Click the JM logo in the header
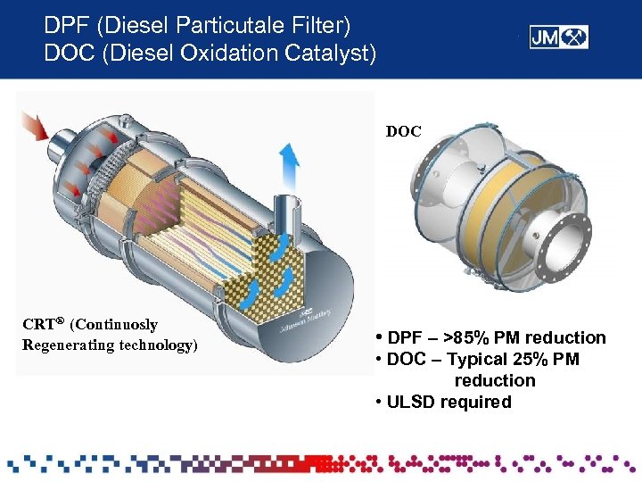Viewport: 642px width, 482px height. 559,37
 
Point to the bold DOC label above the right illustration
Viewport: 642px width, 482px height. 403,131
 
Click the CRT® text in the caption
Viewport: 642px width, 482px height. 43,325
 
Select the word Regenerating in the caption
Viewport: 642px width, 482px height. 61,345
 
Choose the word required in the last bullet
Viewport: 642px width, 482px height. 479,402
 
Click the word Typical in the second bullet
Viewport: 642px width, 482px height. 479,359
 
